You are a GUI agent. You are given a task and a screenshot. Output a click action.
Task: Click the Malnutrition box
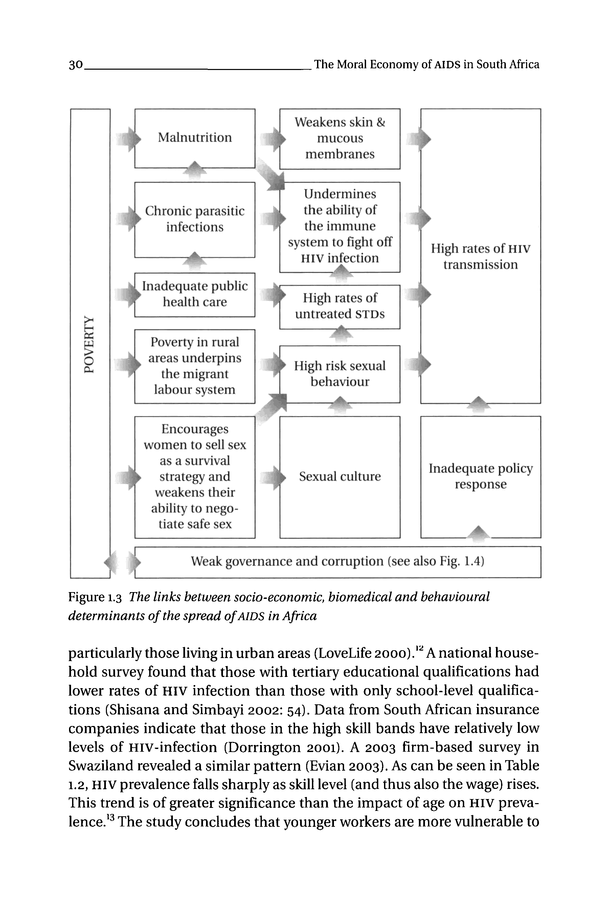pyautogui.click(x=195, y=138)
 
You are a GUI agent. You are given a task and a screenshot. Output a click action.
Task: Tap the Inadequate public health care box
pyautogui.click(x=195, y=294)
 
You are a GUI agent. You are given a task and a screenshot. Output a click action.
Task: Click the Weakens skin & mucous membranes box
pyautogui.click(x=339, y=138)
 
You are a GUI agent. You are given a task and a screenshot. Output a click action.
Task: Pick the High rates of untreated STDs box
pyautogui.click(x=339, y=306)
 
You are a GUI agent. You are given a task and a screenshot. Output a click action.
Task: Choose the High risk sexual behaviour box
pyautogui.click(x=339, y=373)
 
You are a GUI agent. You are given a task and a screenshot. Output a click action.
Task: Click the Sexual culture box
pyautogui.click(x=339, y=477)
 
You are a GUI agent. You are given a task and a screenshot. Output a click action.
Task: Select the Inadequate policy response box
pyautogui.click(x=480, y=477)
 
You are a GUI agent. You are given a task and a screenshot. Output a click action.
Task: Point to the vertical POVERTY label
pyautogui.click(x=89, y=344)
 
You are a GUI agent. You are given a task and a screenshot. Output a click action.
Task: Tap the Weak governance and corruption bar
pyautogui.click(x=337, y=561)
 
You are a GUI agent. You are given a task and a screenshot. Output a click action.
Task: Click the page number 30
pyautogui.click(x=76, y=65)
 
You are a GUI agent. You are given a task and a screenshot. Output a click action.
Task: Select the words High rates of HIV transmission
pyautogui.click(x=480, y=257)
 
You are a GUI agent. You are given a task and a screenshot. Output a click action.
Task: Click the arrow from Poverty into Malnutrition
pyautogui.click(x=129, y=139)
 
